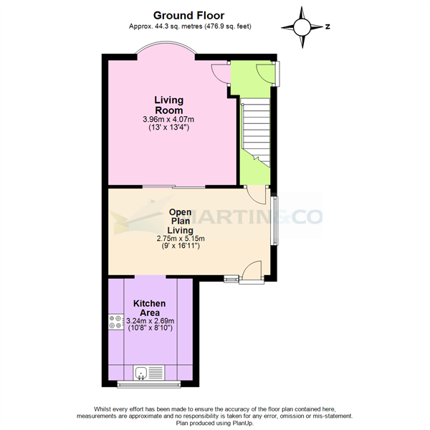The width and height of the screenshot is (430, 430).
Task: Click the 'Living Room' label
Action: point(169,105)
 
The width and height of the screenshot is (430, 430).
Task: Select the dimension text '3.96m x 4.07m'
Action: point(169,119)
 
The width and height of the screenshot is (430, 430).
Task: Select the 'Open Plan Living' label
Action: point(181,221)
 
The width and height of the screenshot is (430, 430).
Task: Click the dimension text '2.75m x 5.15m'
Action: point(181,239)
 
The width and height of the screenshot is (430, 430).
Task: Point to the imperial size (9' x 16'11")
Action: point(181,247)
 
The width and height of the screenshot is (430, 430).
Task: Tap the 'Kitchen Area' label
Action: point(150,309)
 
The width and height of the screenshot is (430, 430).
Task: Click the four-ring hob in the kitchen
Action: point(115,323)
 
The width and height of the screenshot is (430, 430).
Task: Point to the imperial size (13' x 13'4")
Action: point(169,128)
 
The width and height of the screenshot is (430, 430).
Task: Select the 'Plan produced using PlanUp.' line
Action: point(214,422)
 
